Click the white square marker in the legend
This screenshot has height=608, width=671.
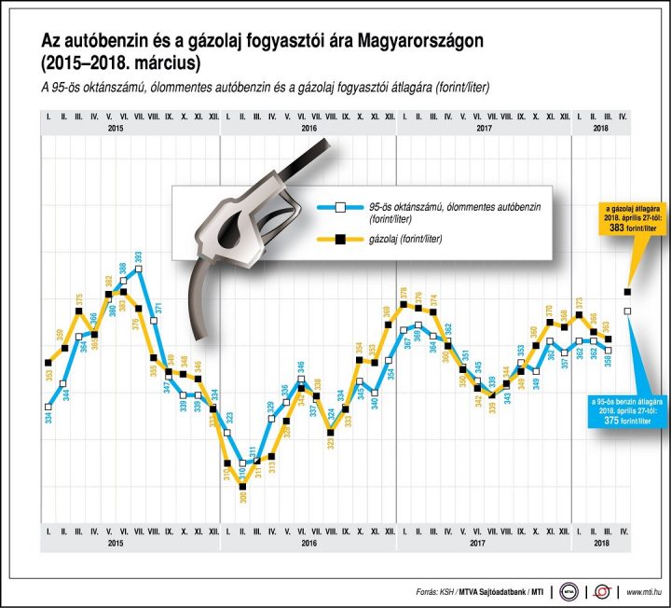pos(340,207)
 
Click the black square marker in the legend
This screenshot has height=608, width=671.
pos(340,240)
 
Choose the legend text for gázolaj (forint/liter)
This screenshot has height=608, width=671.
pos(405,240)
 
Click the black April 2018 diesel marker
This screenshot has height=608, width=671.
pos(627,293)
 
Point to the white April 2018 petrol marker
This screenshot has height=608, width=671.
pos(627,311)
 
